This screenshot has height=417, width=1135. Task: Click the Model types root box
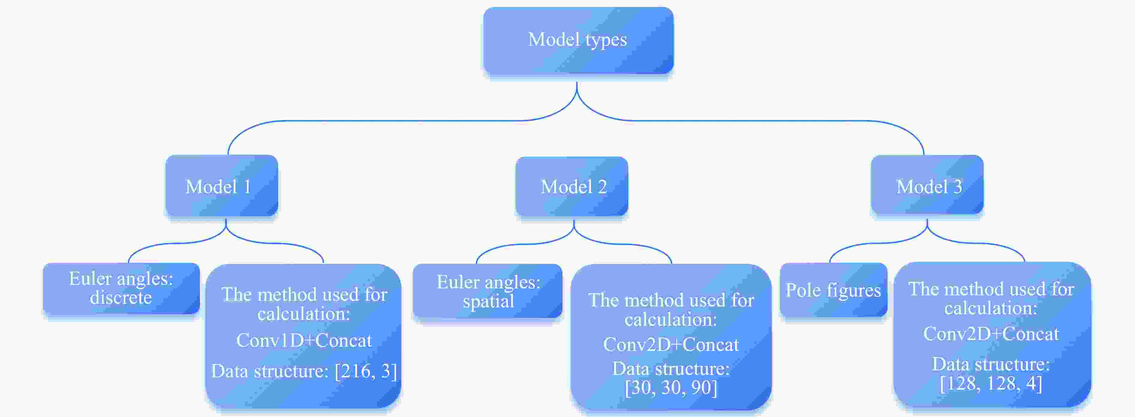point(578,40)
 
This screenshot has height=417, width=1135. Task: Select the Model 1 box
point(222,186)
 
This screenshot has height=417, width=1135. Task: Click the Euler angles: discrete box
point(121,288)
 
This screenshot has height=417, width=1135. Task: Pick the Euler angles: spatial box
point(488,291)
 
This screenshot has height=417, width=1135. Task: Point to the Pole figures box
point(833,290)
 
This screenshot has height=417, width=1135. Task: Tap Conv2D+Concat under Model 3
point(991,334)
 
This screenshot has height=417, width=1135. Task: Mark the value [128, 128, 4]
point(991,383)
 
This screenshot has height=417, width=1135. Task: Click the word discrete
point(121,297)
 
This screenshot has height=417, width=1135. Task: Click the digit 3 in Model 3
point(958,187)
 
